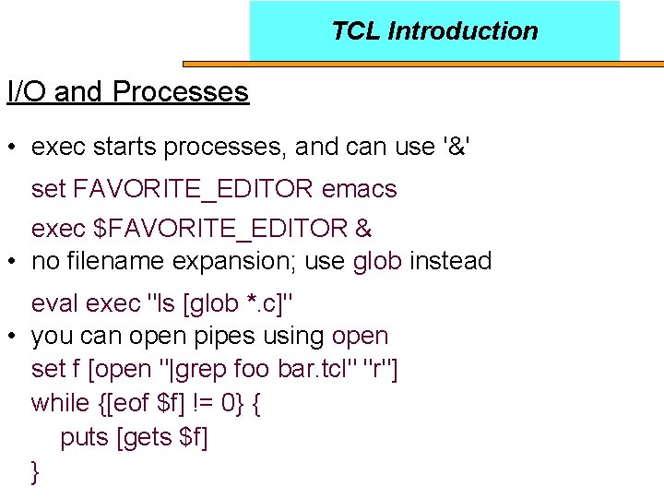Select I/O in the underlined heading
click(x=27, y=92)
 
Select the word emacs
click(x=360, y=190)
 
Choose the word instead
click(x=450, y=261)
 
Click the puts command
click(x=85, y=437)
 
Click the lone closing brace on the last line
click(x=36, y=472)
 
